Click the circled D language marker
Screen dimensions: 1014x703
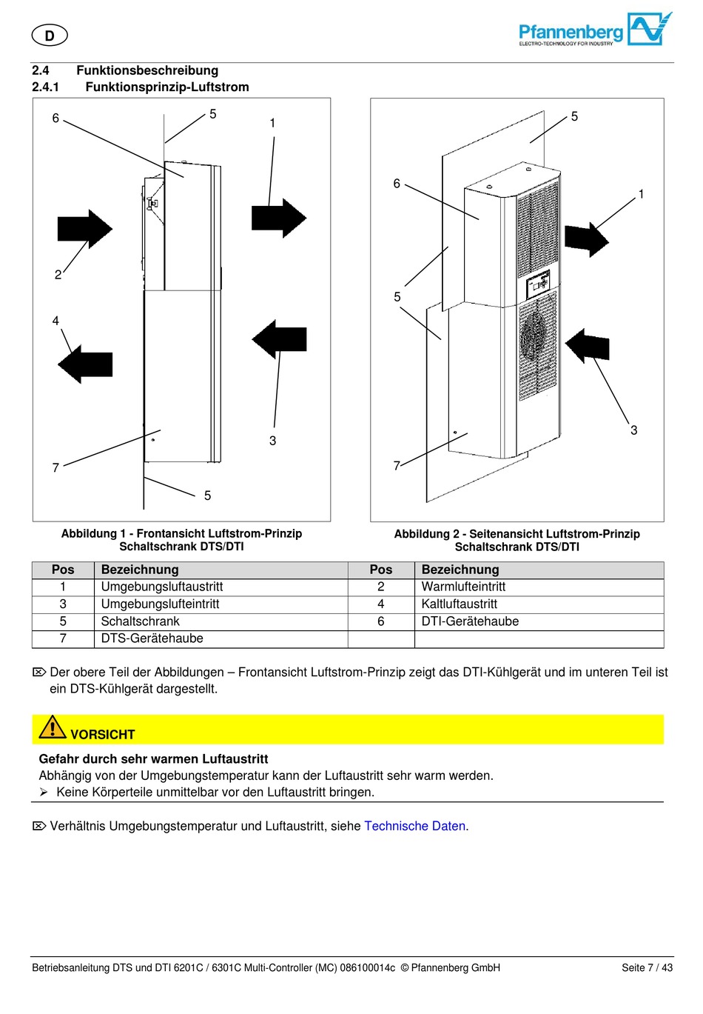(50, 36)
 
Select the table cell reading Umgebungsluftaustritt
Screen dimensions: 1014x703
(162, 587)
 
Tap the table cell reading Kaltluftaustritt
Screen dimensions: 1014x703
(459, 604)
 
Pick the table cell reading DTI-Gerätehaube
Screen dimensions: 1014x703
(470, 621)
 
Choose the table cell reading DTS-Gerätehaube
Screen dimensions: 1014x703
(152, 638)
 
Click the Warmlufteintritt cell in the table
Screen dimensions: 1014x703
(463, 587)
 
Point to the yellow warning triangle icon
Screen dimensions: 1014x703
(53, 727)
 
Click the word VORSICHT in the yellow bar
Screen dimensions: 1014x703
(103, 735)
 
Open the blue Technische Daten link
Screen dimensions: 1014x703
(414, 826)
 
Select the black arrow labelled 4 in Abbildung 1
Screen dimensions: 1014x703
(84, 364)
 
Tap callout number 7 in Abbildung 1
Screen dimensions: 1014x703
(55, 467)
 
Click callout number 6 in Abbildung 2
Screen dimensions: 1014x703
(397, 184)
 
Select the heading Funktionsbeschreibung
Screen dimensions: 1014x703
(147, 70)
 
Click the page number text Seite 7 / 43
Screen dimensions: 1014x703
(647, 967)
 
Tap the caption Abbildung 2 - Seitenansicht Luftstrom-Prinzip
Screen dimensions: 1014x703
(517, 534)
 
